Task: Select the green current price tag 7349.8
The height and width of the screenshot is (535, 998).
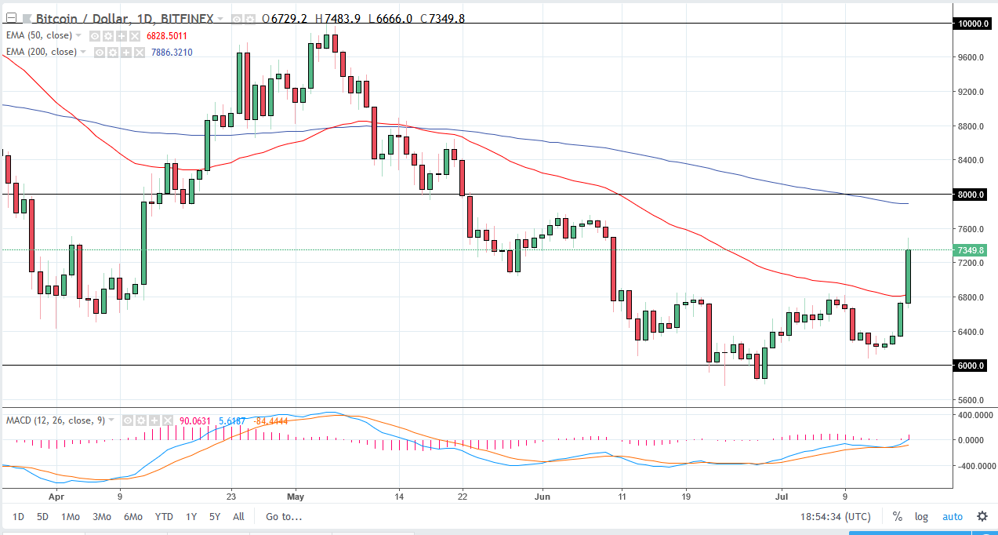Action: point(972,250)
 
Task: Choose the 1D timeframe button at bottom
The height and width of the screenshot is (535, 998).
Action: point(18,517)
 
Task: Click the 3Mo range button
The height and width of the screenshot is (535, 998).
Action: point(101,517)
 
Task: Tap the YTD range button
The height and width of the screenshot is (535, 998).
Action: point(164,517)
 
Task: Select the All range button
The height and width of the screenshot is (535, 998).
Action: point(238,517)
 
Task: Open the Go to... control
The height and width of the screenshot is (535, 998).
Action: point(284,517)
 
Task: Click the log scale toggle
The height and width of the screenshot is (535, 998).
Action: point(921,517)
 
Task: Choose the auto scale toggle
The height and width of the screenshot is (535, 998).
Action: point(952,517)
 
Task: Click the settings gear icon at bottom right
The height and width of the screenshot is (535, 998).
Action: point(982,517)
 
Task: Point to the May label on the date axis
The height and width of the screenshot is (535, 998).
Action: point(296,497)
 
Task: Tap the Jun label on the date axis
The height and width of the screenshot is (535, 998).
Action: point(543,497)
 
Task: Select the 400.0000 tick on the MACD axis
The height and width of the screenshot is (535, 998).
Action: point(973,414)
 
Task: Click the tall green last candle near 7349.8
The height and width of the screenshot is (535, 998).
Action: point(909,276)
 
